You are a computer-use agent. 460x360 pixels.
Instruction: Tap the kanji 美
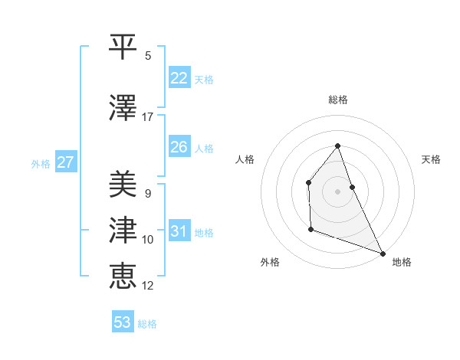(123, 185)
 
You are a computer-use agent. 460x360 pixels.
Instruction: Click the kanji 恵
(123, 273)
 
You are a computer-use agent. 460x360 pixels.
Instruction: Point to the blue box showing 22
(179, 78)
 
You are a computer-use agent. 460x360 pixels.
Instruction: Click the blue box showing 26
(179, 147)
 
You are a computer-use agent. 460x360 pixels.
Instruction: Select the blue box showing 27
(66, 162)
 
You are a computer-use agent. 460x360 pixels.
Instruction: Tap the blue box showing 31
(179, 232)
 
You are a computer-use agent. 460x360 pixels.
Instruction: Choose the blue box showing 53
(123, 322)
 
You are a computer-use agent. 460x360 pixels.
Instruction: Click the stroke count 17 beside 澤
(148, 116)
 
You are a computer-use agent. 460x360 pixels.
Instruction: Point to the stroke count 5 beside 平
(148, 56)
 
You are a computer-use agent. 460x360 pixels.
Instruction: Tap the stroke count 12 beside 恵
(148, 285)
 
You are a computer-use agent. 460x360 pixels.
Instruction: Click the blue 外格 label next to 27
(41, 163)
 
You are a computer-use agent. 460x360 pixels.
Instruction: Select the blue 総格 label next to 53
(147, 324)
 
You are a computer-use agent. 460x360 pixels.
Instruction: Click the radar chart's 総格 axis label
(337, 100)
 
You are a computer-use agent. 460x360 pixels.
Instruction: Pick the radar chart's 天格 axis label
(431, 159)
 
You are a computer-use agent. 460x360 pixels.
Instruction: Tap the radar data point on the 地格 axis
(383, 253)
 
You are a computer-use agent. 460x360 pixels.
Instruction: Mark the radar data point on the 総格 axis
(337, 146)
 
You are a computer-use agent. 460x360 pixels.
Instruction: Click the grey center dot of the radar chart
(337, 191)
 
